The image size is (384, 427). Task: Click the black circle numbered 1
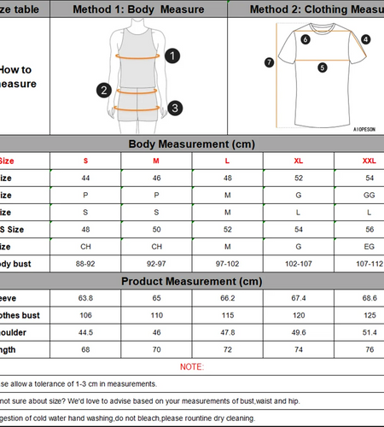[x=172, y=56]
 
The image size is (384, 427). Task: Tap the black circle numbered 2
[x=104, y=90]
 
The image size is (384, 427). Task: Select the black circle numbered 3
[x=174, y=108]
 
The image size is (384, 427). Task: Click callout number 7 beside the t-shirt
[x=269, y=61]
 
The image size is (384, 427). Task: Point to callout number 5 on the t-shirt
[x=322, y=67]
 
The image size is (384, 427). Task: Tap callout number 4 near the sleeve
[x=365, y=39]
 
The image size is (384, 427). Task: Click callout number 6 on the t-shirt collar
[x=305, y=38]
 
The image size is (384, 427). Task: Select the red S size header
[x=85, y=161]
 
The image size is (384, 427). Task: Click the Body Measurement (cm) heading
[x=192, y=144]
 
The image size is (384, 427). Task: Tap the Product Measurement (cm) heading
[x=192, y=281]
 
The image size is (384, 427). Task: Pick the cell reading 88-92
[x=85, y=264]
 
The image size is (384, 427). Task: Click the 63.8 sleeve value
[x=85, y=298]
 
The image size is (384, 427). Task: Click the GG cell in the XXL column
[x=369, y=195]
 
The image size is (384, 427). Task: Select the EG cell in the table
[x=369, y=247]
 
